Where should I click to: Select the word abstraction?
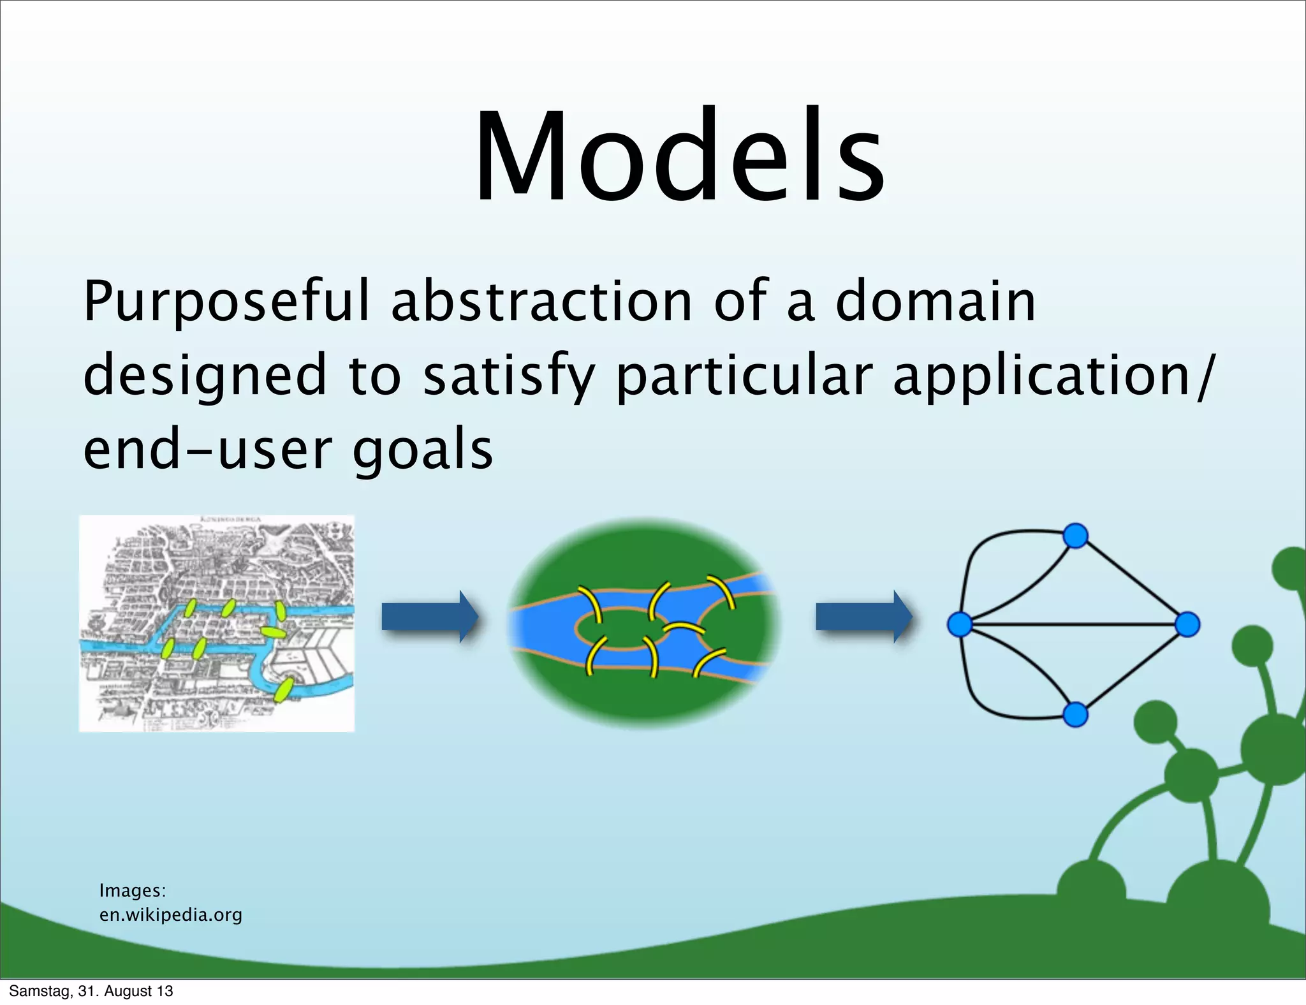(x=541, y=302)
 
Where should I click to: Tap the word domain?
(x=935, y=302)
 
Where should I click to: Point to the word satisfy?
(x=508, y=376)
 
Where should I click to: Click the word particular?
(x=744, y=376)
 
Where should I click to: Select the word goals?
(x=423, y=450)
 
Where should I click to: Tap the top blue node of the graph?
(x=1075, y=536)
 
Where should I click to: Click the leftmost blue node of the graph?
(x=960, y=624)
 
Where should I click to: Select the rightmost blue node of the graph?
(x=1187, y=624)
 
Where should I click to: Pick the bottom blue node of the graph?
(x=1075, y=714)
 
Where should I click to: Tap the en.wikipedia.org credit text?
(x=171, y=915)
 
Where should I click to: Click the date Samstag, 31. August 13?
(x=91, y=991)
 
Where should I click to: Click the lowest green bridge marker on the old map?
(x=282, y=690)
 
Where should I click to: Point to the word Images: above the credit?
(x=133, y=890)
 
